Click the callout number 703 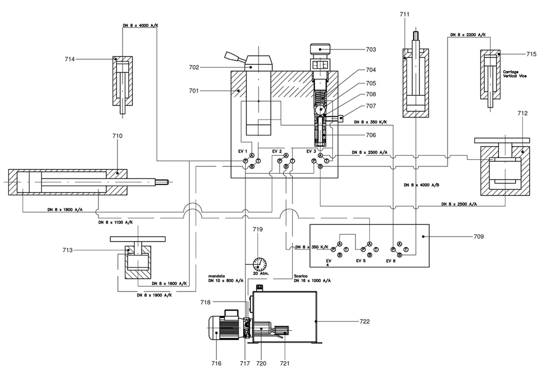pos(371,49)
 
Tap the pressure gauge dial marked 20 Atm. pos(259,264)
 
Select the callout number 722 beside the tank pos(365,321)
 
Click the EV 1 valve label pos(242,151)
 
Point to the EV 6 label pos(390,261)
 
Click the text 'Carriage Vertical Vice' pos(514,74)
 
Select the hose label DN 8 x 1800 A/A pos(65,210)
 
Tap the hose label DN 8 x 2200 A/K pos(468,35)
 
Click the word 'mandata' pos(217,276)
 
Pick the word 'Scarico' pos(301,276)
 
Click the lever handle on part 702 pos(235,57)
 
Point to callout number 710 pos(117,136)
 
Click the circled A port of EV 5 pos(370,244)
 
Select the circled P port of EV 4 pos(333,249)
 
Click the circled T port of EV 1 pos(258,161)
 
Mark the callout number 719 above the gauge pos(258,229)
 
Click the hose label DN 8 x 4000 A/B pos(421,185)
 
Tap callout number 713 pos(67,250)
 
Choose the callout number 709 pos(478,237)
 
